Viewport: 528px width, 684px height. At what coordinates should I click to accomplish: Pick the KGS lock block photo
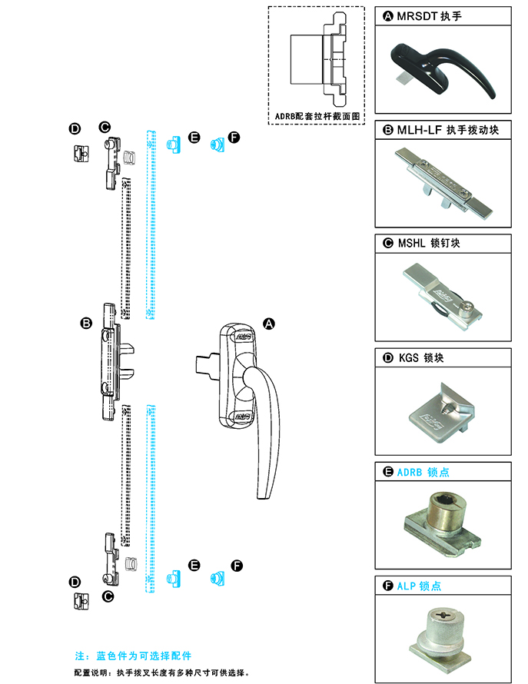[x=442, y=410]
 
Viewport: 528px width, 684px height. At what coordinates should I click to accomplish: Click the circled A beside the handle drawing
[x=269, y=324]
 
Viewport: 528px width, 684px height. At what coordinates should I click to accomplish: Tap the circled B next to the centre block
[x=86, y=323]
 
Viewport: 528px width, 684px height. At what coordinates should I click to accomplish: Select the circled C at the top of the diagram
[x=105, y=126]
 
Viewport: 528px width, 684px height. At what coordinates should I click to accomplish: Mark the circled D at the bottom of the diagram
[x=75, y=582]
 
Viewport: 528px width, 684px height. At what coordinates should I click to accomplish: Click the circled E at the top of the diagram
[x=194, y=138]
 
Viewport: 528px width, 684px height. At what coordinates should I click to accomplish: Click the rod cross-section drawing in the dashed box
[x=317, y=59]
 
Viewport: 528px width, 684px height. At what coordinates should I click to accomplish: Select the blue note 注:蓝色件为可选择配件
[x=132, y=656]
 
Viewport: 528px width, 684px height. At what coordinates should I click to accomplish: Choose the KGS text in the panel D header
[x=409, y=357]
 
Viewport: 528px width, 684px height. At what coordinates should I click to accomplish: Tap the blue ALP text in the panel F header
[x=407, y=586]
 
